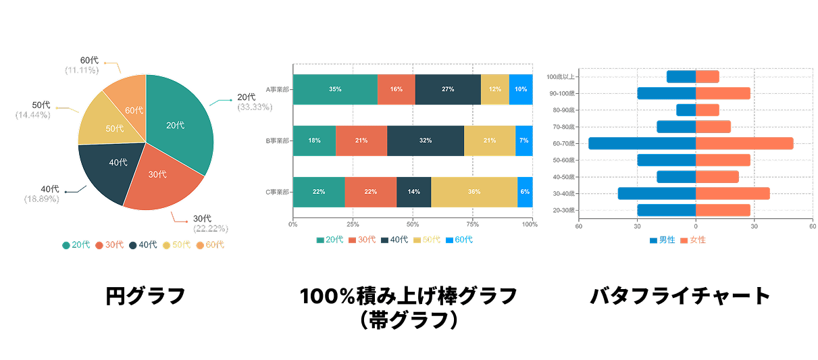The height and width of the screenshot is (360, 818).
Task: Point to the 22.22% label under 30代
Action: click(210, 228)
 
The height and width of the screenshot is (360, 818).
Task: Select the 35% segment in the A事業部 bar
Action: click(335, 89)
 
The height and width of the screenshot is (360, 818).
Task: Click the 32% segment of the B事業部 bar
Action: click(425, 140)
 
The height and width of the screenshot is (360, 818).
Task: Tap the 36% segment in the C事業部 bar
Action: click(474, 192)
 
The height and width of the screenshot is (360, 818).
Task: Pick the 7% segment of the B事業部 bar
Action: click(524, 140)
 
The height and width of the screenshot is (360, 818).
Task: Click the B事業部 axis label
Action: click(277, 140)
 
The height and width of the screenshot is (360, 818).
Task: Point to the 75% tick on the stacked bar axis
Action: click(473, 224)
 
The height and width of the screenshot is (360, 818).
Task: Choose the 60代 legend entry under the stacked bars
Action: click(459, 240)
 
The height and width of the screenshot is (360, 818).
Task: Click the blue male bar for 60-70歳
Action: click(642, 143)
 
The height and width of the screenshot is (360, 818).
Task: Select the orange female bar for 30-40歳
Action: click(732, 194)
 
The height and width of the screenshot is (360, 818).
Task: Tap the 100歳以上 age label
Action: click(560, 77)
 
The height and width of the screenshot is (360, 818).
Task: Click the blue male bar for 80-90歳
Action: click(686, 110)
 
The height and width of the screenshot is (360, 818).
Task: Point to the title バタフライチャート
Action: click(680, 296)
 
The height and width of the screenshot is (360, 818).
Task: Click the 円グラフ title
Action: click(145, 296)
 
